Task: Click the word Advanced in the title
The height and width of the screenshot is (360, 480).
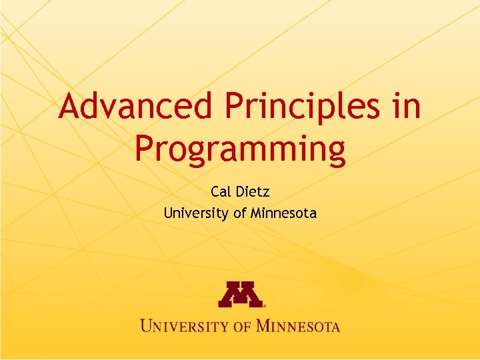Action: tap(137, 107)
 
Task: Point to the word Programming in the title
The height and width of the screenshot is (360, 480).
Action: tap(240, 149)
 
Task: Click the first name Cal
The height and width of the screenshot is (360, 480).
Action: tap(220, 193)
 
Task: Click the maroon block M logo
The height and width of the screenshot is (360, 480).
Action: tap(240, 294)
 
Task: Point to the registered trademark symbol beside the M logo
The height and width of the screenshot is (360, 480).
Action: tap(265, 305)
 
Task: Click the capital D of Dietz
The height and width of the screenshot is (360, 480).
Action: tap(240, 193)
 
